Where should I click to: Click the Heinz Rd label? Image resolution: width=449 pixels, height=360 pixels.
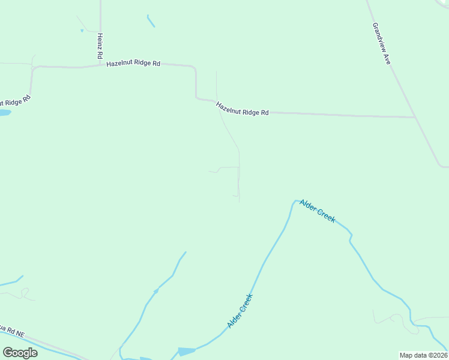coord(100,46)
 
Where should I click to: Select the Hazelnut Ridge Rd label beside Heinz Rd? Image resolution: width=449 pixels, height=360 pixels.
coord(133,64)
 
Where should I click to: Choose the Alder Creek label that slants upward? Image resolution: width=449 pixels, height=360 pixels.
coord(240,311)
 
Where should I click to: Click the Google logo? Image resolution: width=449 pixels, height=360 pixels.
coord(20,353)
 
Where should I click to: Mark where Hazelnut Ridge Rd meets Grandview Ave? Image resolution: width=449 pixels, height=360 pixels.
coord(415,117)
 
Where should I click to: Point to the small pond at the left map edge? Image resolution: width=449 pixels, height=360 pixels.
coord(4,112)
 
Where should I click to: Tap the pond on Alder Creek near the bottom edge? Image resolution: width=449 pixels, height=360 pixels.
coord(186,351)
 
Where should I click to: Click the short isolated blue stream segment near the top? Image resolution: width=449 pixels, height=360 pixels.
coord(151,21)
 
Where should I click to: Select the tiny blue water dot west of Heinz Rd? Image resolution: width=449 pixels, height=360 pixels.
coord(82,30)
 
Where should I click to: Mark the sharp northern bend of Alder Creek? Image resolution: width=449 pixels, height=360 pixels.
coord(295,201)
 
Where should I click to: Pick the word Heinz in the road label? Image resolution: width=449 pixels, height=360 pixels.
coord(100,40)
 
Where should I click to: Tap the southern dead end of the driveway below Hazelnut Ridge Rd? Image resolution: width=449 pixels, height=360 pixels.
coord(240,201)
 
